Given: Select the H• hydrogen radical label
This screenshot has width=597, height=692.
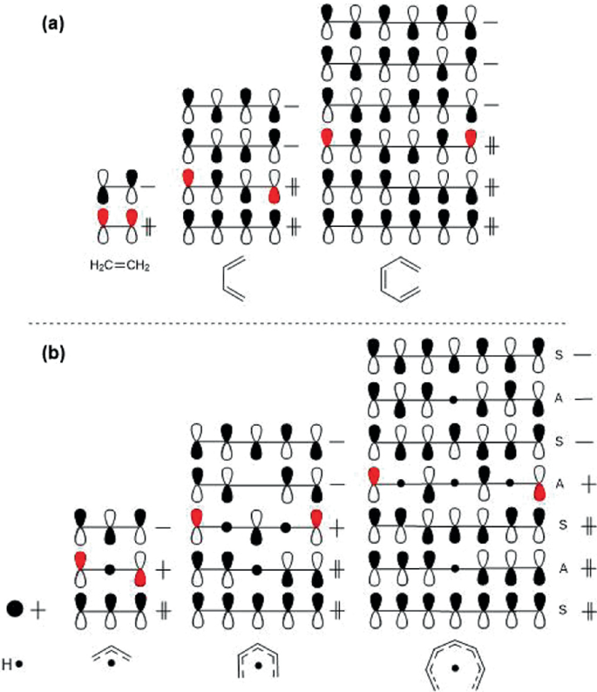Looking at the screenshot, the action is coord(12,663).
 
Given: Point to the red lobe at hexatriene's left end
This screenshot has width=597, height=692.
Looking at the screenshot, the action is coord(327,136).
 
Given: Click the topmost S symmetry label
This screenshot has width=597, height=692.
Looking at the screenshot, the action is coord(559,353).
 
